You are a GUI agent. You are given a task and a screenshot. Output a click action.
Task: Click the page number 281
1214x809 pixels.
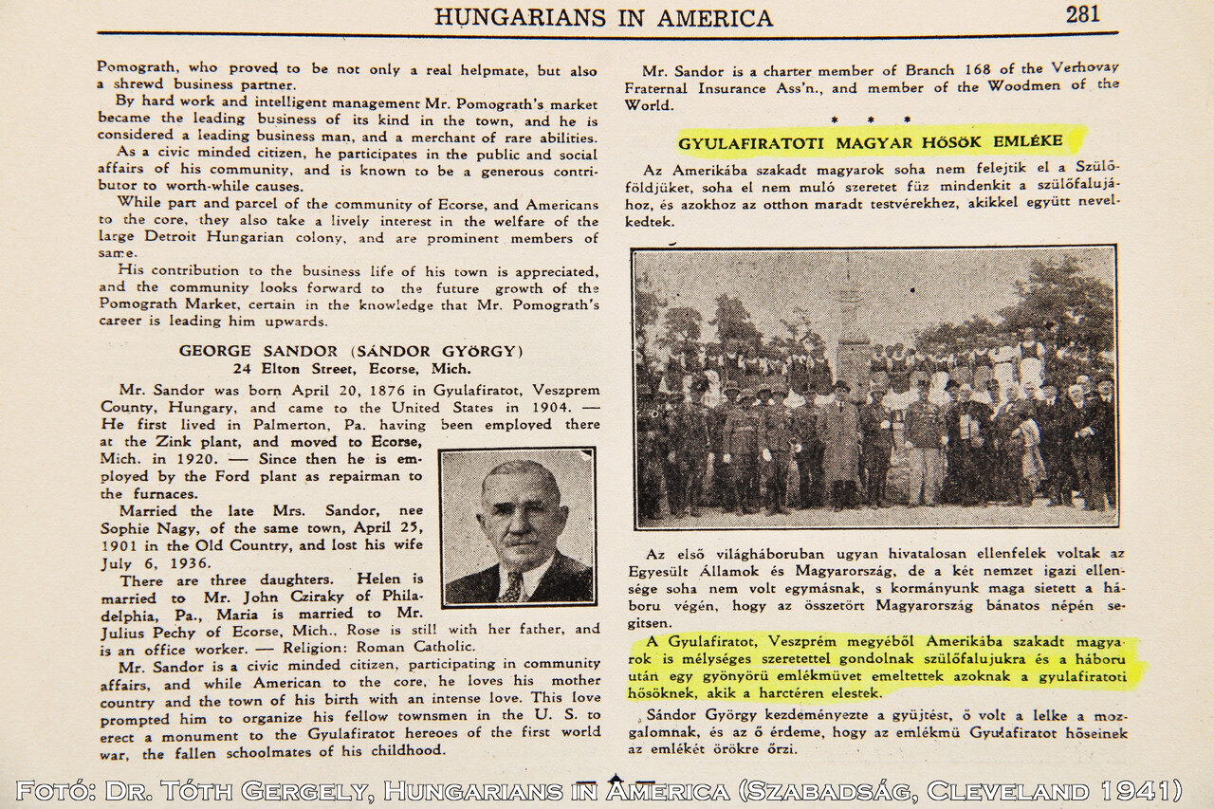tap(1082, 14)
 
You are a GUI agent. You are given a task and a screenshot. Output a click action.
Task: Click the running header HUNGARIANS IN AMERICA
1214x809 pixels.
tap(603, 17)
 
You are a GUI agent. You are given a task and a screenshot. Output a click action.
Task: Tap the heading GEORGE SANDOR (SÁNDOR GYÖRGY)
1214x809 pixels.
tap(351, 351)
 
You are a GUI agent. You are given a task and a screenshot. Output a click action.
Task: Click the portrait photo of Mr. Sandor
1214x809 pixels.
tap(518, 525)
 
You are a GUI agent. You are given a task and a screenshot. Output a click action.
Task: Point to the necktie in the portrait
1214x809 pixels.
tap(513, 586)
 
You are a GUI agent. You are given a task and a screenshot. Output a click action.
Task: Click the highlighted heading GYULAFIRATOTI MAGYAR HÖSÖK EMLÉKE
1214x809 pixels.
tap(869, 143)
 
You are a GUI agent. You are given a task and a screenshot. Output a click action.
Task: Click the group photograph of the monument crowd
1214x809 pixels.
tap(874, 386)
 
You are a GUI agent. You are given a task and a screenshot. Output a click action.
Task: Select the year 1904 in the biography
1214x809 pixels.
tap(546, 407)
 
